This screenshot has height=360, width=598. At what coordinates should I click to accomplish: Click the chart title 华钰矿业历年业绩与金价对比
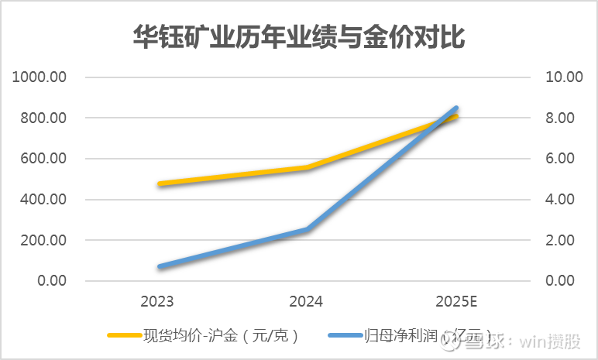(x=299, y=37)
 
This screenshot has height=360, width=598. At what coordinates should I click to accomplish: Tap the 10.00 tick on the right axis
(x=564, y=77)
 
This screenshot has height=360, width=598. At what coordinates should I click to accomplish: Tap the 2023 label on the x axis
(x=157, y=301)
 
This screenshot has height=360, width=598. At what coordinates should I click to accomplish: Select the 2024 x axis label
(x=306, y=301)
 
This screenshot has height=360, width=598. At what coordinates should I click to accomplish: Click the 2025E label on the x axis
(x=455, y=301)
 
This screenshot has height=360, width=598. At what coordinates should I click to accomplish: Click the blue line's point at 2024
(x=308, y=229)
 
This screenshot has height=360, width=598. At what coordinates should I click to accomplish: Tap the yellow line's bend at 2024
(x=308, y=167)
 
